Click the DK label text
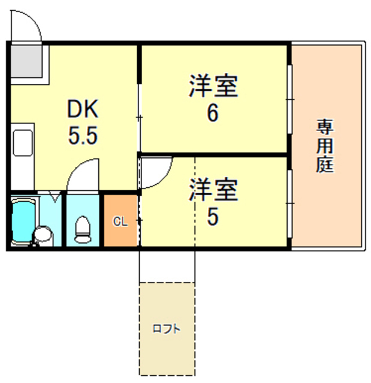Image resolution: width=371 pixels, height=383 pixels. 83,109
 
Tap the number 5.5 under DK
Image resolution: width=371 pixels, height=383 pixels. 83,135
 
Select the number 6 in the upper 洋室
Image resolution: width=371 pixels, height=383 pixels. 213,113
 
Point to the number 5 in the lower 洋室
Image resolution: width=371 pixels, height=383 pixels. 213,217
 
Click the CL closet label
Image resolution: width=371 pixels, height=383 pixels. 120,221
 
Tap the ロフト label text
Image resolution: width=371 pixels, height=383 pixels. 166,329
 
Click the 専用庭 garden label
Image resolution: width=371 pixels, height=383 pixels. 325,146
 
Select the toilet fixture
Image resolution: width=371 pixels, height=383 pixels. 83,229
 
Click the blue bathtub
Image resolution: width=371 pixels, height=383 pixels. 23,221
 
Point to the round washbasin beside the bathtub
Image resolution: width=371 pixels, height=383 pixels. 43,234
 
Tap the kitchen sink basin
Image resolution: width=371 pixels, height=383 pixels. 23,143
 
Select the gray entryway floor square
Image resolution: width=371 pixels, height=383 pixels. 26,61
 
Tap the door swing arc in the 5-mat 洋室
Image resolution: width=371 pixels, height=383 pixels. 162,179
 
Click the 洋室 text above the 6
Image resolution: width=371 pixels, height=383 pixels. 213,86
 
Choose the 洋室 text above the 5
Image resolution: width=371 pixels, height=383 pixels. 213,190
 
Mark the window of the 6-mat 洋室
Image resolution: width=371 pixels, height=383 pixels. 289,99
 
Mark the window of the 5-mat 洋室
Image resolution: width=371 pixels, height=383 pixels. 289,203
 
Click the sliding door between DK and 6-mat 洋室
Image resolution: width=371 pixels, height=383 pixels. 140,118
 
